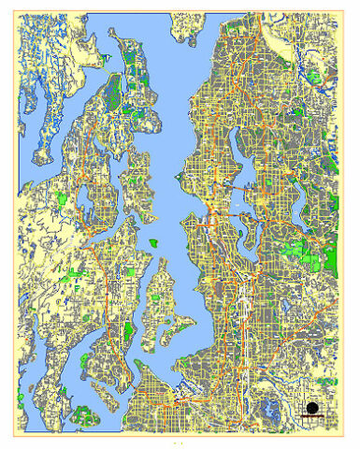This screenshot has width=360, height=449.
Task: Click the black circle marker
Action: pos(311,407)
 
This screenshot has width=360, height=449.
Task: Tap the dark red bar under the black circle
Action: pos(311,417)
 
